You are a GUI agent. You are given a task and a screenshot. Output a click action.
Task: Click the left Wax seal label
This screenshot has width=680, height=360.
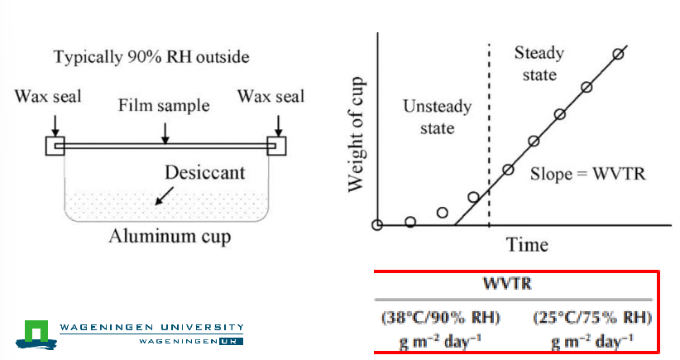pos(48,96)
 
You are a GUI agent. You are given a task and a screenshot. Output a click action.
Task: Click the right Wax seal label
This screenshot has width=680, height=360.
pos(271,96)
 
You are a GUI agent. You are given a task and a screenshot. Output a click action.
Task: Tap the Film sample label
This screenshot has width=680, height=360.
pos(164,105)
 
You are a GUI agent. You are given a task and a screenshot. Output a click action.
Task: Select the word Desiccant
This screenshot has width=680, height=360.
pos(204,173)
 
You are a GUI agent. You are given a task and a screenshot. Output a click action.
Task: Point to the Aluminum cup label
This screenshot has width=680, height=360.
pos(170,237)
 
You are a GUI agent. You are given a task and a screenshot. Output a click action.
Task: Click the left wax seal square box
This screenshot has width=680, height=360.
pos(55,146)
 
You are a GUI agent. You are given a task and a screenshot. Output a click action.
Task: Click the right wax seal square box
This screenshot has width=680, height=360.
pos(276,146)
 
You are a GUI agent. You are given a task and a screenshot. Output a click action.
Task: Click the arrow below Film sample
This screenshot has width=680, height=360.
pos(165,132)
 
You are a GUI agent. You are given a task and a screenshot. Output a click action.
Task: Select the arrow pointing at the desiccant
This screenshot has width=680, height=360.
pos(165,195)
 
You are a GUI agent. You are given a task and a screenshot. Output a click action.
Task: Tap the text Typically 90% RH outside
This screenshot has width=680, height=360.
pos(151,57)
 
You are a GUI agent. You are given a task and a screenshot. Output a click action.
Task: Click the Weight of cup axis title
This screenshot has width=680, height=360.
pos(356,134)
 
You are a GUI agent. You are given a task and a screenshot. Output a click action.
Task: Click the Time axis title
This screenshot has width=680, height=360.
pos(527,245)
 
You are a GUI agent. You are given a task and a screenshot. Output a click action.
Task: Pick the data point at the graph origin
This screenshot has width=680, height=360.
pos(377,225)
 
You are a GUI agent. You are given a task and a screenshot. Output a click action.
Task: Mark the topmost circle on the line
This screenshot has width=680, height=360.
pos(619,55)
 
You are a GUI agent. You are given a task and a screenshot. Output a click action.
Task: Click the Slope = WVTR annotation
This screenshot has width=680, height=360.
pos(587,174)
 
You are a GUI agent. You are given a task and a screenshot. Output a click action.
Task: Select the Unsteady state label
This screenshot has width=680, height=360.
pos(437,118)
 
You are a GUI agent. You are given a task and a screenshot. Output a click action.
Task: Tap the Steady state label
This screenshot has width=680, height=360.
pos(539,64)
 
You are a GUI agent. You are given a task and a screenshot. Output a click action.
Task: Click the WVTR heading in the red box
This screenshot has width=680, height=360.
pos(507,283)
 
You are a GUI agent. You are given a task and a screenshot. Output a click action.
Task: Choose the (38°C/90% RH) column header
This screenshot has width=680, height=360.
pos(441,318)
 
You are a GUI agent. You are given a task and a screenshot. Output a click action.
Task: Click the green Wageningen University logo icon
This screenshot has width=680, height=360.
pos(36,334)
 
